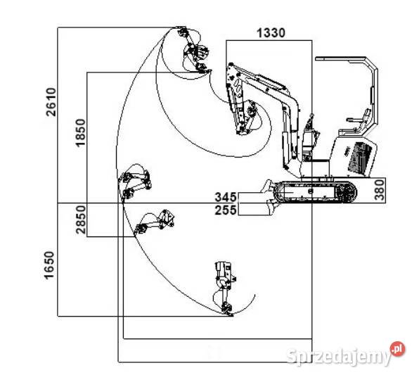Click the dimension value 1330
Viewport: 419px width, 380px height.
271,33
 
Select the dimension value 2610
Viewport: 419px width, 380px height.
51,102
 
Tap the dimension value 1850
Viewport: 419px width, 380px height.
80,132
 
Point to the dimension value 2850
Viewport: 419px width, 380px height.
80,220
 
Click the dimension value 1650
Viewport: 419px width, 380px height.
49,265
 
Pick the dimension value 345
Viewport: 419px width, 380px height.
226,197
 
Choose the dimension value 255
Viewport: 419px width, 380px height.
226,210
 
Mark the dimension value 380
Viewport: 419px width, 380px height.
380,190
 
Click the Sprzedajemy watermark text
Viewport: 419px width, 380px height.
339,356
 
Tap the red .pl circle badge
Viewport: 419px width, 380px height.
397,349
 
